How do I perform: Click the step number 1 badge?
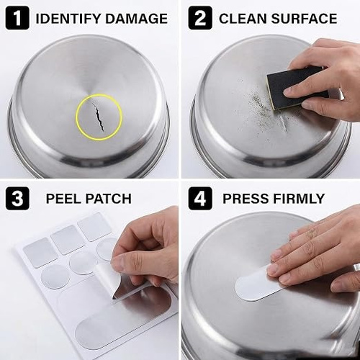pos(17,18)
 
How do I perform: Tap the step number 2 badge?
pos(200,18)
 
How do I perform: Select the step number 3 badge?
pos(17,199)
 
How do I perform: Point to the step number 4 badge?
pos(200,199)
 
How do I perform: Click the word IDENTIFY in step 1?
pos(68,19)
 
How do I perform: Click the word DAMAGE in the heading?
pos(136,19)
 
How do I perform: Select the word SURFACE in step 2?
pos(304,19)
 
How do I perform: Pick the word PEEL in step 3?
pos(63,199)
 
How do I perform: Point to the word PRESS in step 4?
pos(246,199)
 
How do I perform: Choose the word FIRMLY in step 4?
pos(299,199)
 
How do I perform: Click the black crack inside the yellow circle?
pos(98,117)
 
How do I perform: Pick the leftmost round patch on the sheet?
pos(55,277)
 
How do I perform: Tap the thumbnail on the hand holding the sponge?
pos(290,91)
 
